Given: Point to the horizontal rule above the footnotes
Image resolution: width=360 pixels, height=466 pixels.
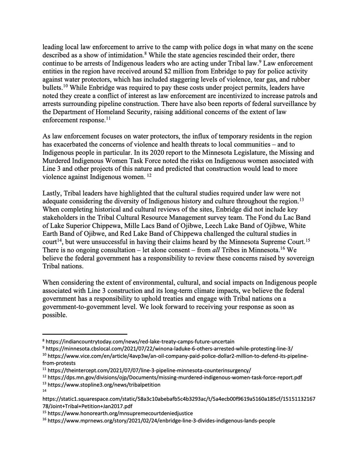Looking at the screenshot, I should tap(85, 334).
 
